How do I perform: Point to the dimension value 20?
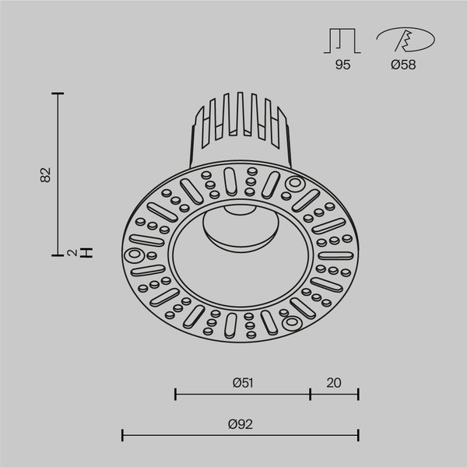[x=335, y=382]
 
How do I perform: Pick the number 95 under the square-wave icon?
[x=343, y=65]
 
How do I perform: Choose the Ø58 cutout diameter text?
[x=403, y=65]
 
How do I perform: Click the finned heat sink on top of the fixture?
[x=237, y=125]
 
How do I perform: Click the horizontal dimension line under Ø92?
[x=241, y=435]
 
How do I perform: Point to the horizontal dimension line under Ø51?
[x=242, y=395]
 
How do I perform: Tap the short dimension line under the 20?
[x=335, y=395]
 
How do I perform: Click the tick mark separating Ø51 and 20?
[x=310, y=395]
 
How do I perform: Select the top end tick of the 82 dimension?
[x=58, y=93]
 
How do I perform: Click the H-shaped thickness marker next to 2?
[x=87, y=252]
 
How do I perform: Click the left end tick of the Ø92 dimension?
[x=124, y=435]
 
